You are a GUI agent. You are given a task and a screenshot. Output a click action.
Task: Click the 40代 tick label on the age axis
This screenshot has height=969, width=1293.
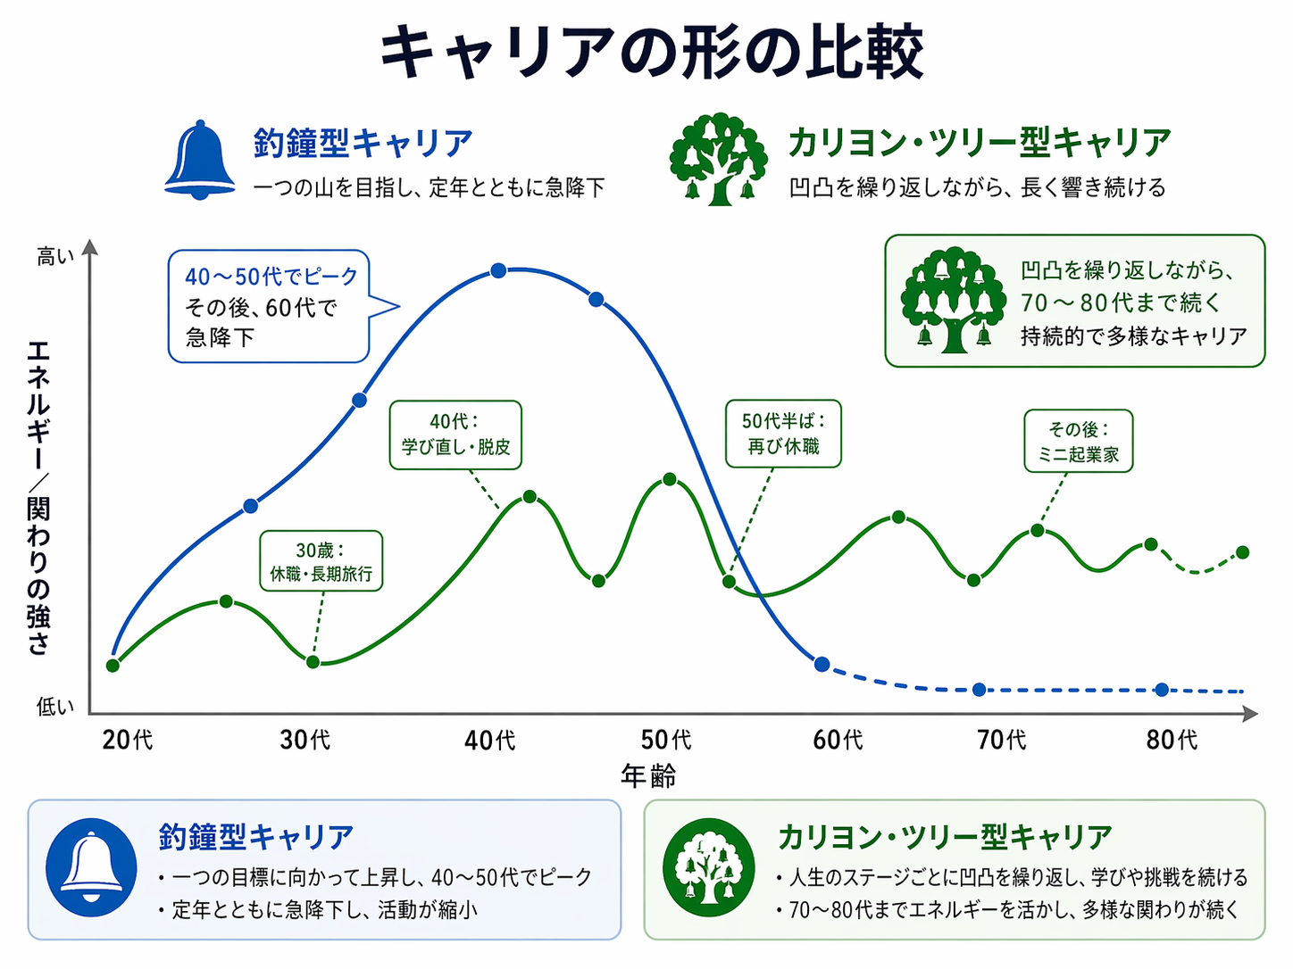point(489,740)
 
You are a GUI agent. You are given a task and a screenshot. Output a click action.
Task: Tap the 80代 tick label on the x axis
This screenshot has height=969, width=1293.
point(1172,740)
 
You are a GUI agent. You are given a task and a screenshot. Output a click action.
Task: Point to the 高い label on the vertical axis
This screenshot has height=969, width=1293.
point(55,257)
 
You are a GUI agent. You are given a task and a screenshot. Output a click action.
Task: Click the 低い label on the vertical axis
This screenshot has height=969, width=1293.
point(55,707)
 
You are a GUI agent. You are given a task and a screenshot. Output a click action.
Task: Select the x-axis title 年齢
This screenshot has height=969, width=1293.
point(648,776)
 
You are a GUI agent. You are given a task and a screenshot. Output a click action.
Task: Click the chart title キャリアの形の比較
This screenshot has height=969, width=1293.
point(651,52)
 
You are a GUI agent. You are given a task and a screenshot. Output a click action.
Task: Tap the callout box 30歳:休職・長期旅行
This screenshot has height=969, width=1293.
point(321,561)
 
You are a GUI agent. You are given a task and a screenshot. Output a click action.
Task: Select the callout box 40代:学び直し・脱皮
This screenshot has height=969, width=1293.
point(455,435)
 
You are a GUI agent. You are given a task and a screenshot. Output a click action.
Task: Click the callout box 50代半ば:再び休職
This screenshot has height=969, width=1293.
point(783,434)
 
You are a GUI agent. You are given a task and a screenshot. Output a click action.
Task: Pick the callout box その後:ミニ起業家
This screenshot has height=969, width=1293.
point(1078,441)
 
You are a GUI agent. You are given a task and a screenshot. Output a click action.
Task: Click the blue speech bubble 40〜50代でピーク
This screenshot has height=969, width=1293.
point(269,306)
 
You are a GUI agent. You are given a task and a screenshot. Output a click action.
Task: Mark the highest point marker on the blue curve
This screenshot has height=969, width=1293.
point(498,270)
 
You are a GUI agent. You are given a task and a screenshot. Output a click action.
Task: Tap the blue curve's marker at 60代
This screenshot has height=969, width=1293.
point(822,664)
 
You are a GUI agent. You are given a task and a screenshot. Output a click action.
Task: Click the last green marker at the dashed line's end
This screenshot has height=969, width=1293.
point(1242,552)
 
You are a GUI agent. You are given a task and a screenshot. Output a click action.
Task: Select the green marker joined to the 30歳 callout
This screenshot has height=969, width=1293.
point(313,662)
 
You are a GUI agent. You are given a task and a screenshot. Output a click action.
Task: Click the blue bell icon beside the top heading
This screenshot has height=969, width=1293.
point(200,161)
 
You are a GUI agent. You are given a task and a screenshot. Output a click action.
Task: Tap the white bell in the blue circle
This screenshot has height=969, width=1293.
point(91,867)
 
